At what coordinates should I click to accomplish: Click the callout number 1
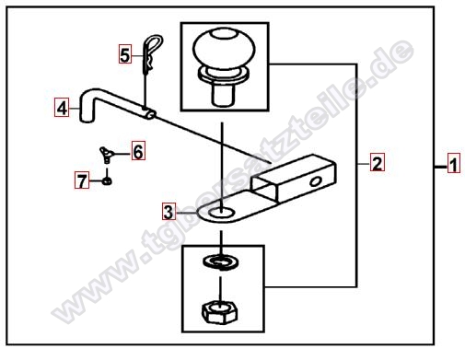[454, 163]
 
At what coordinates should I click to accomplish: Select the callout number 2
[377, 162]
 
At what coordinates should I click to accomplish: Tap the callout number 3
[169, 211]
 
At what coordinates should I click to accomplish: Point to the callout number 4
[62, 107]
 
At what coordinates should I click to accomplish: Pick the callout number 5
[125, 54]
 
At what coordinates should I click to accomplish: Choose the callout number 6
[138, 151]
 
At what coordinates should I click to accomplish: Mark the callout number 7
[82, 180]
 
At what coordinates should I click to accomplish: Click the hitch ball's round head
[224, 48]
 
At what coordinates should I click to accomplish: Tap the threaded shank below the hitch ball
[224, 95]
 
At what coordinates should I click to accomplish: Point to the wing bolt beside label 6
[106, 154]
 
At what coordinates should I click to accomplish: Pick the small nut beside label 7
[107, 181]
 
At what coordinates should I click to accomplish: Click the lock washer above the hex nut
[221, 261]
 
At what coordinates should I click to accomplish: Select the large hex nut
[220, 311]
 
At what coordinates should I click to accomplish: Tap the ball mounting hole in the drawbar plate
[221, 212]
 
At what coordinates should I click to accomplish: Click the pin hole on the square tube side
[315, 182]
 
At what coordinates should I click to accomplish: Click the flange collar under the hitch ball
[224, 75]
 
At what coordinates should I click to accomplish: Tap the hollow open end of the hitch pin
[151, 114]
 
